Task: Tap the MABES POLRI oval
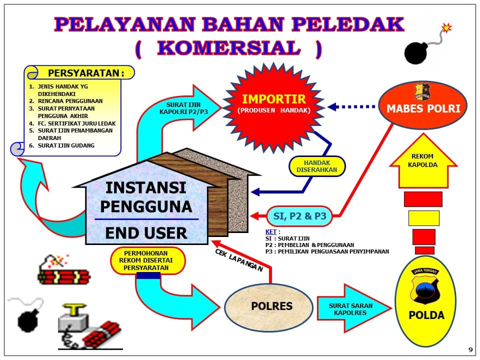(423, 105)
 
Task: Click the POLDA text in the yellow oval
(426, 315)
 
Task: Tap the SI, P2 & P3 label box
(299, 216)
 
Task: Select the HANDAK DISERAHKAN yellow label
(317, 166)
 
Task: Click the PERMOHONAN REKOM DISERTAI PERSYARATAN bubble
(146, 260)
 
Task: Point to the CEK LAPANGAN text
(239, 260)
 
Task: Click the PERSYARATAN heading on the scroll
(86, 73)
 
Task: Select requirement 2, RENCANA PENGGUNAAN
(66, 101)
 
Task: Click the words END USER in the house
(146, 233)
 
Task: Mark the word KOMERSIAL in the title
(229, 48)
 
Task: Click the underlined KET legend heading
(271, 231)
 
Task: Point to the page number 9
(470, 349)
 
